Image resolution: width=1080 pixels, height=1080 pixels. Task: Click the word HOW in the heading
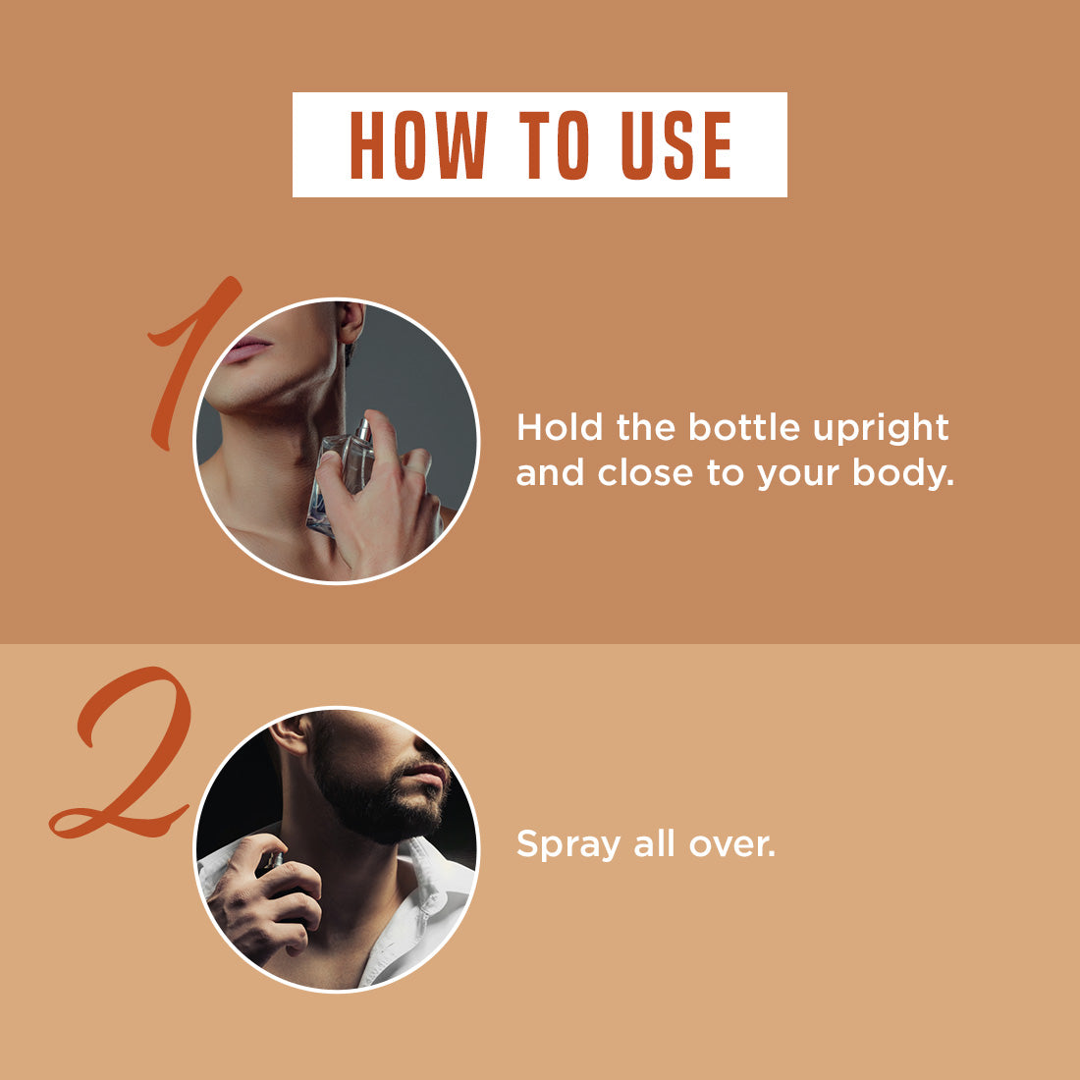[419, 145]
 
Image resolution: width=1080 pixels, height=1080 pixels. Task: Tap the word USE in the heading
[676, 145]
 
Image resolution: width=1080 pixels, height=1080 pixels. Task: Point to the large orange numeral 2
[123, 752]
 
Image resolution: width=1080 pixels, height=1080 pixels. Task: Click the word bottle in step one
[744, 428]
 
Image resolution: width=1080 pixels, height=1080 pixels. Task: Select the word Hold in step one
[560, 428]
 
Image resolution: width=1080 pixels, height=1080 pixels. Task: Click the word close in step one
[645, 473]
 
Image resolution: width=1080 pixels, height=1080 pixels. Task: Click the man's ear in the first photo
[351, 322]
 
